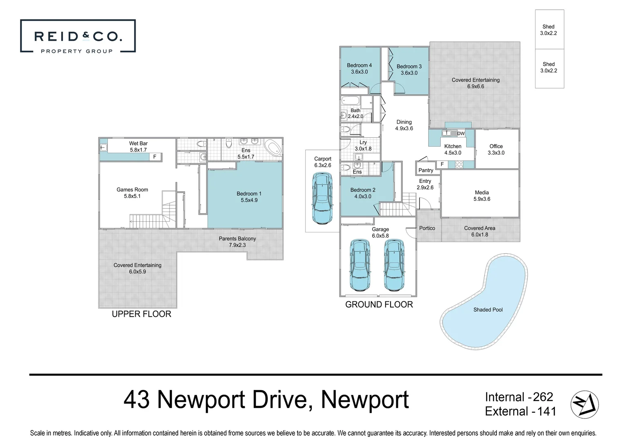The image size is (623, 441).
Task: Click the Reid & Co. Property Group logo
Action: (78, 36)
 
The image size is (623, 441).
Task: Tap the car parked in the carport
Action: (323, 198)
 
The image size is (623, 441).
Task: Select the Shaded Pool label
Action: (488, 310)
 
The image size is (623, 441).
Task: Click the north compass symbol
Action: (585, 404)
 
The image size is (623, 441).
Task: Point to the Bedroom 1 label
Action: (249, 197)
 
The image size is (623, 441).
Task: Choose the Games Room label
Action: (132, 193)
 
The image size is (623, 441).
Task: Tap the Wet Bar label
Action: (138, 147)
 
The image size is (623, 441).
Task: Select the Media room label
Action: (482, 196)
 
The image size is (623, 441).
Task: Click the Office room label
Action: (496, 149)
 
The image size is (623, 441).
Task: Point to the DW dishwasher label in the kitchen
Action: (461, 134)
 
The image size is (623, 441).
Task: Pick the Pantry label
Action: (426, 170)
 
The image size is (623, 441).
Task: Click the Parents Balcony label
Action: (237, 242)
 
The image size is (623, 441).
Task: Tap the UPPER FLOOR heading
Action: (141, 314)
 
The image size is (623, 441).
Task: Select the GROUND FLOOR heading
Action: (379, 305)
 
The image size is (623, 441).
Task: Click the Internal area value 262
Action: (543, 397)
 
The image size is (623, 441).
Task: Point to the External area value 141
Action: (547, 411)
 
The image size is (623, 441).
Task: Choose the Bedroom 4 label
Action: (359, 68)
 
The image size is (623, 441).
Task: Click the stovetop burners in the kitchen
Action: (459, 165)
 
